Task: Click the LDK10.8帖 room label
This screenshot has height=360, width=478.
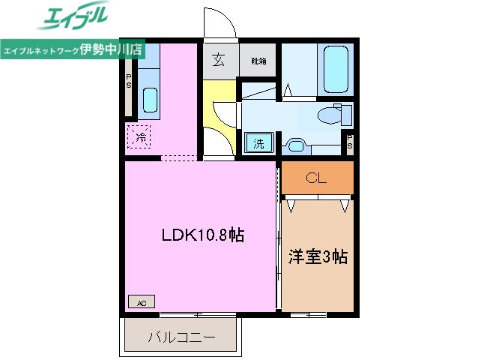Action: coord(202,235)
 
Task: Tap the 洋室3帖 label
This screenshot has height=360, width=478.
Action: coord(318,257)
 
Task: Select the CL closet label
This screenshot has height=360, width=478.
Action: coord(316,178)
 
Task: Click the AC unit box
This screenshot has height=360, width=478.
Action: coord(141,302)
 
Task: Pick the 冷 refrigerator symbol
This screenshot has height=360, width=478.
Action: coord(140,136)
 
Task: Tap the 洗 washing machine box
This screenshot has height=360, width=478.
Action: coord(258,143)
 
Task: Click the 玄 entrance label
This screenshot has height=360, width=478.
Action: coord(219,60)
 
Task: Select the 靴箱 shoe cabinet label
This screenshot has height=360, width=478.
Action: coord(258,61)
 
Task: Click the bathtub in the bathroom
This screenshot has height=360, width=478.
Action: coord(335,70)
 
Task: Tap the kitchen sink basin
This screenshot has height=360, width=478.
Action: coord(149,99)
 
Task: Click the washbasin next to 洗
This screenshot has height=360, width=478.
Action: coord(295,145)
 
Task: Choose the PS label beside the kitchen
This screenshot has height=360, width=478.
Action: coord(129,81)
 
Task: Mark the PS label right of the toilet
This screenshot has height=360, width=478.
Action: coord(349,142)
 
